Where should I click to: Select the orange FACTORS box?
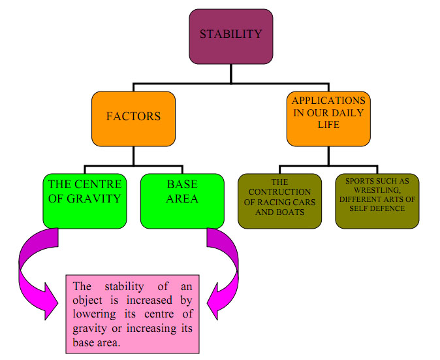coord(133,118)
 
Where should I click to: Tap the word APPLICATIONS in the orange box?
coord(329,101)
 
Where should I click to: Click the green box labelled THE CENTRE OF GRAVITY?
coord(84,200)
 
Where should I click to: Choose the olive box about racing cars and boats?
coord(279,201)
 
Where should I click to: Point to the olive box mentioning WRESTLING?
coord(377,201)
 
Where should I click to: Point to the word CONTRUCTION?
coord(280,192)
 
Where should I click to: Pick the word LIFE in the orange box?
coord(328,124)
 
